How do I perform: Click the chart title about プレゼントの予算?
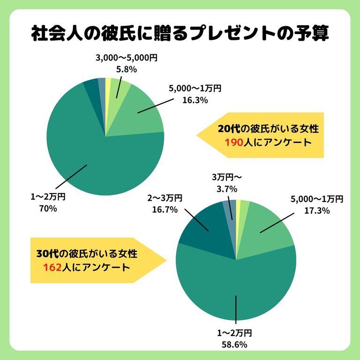click(180, 33)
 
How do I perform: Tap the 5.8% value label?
click(126, 69)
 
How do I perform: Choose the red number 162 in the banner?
click(52, 268)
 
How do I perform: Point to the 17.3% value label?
click(317, 210)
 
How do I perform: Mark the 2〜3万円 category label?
click(165, 198)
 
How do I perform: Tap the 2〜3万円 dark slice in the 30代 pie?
click(201, 234)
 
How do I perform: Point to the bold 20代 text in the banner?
click(228, 129)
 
